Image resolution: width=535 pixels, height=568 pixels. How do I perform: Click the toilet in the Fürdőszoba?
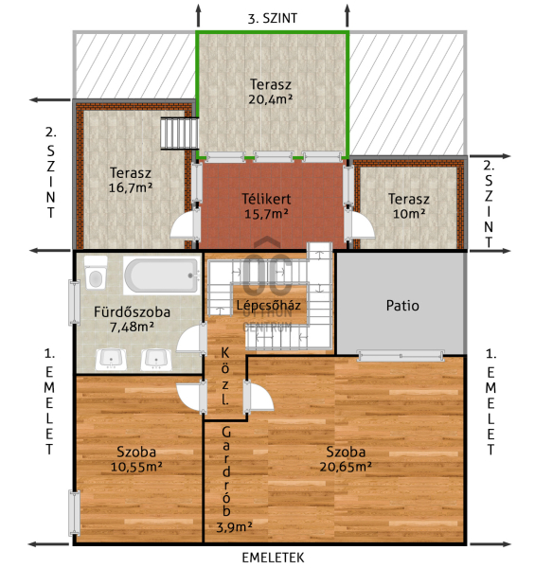(96, 273)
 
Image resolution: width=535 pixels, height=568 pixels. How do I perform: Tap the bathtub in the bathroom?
(162, 275)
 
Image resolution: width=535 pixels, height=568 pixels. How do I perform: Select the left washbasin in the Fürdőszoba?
(111, 360)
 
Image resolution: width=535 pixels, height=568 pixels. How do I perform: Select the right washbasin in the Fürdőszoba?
(156, 360)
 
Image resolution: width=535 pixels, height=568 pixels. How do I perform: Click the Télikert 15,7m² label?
(266, 206)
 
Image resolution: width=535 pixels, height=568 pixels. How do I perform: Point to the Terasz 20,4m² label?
(271, 91)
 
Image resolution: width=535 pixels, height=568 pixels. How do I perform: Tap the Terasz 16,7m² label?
(131, 180)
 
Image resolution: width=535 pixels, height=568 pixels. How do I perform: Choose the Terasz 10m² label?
(409, 206)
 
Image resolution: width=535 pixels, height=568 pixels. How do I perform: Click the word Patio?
(402, 306)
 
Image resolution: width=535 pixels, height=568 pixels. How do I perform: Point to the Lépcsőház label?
(268, 305)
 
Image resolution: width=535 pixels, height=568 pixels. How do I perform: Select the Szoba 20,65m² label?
(346, 459)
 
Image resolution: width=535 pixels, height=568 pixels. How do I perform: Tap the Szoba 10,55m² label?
(136, 459)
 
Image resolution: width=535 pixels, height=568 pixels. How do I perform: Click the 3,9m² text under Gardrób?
(234, 527)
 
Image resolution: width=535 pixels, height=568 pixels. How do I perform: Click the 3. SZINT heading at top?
(273, 19)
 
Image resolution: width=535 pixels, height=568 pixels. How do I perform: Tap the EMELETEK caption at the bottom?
(273, 558)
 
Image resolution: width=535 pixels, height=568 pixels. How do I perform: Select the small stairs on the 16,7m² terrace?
(179, 133)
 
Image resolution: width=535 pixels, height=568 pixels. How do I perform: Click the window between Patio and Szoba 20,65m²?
(401, 356)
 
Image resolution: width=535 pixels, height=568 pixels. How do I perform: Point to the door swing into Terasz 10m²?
(360, 225)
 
